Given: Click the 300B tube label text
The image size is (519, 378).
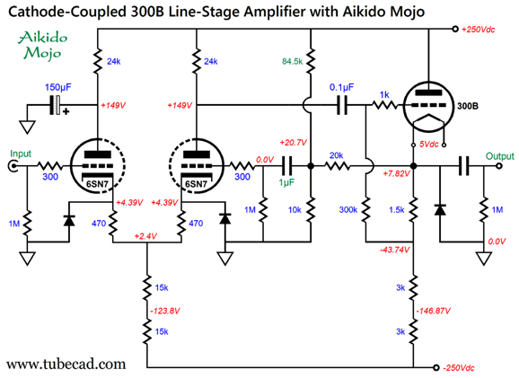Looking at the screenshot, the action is click(467, 106).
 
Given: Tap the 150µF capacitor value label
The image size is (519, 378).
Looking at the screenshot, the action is click(58, 87).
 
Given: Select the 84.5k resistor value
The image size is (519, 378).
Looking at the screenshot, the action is click(292, 61).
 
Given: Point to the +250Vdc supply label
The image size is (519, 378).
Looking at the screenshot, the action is click(478, 30).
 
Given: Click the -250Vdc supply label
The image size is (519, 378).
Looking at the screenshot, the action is click(459, 368).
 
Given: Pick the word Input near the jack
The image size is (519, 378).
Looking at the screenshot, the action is click(21, 154).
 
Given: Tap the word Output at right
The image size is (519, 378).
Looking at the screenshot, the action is click(500, 156).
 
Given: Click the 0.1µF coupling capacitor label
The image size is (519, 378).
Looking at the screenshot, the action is click(341, 87).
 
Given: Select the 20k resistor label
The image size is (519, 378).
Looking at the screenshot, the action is click(337, 155).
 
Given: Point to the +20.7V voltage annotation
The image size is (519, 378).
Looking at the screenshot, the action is click(294, 143).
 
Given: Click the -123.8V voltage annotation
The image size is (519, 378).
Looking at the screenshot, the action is click(165, 312).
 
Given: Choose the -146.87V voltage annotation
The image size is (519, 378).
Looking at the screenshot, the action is click(433, 312).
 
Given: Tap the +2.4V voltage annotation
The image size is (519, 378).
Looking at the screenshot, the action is click(145, 236).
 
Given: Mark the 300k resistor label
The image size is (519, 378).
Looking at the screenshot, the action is click(348, 210).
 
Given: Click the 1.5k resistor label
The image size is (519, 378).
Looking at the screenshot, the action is click(397, 210).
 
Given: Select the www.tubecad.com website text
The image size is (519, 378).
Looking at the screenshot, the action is click(66, 365).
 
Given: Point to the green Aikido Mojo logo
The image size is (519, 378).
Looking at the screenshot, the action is click(42, 45).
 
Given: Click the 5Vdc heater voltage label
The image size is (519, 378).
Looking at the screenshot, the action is click(428, 144).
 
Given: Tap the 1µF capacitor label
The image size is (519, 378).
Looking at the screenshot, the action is click(286, 182).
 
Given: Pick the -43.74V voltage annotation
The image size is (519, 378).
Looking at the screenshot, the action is click(394, 250).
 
